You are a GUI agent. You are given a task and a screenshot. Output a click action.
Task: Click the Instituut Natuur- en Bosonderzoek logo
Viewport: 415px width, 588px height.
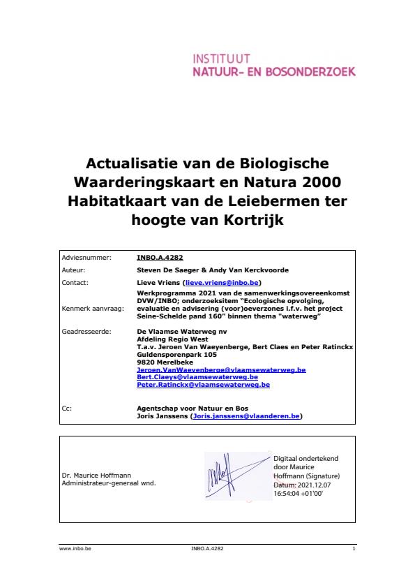(273, 65)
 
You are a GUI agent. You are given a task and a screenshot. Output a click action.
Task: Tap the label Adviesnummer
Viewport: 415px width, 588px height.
(86, 257)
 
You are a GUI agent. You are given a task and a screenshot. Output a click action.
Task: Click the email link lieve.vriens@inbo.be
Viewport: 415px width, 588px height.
(221, 281)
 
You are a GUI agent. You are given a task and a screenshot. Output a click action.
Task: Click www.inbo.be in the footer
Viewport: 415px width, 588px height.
(75, 549)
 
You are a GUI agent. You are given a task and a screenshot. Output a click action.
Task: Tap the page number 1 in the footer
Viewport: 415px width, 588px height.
(354, 549)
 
